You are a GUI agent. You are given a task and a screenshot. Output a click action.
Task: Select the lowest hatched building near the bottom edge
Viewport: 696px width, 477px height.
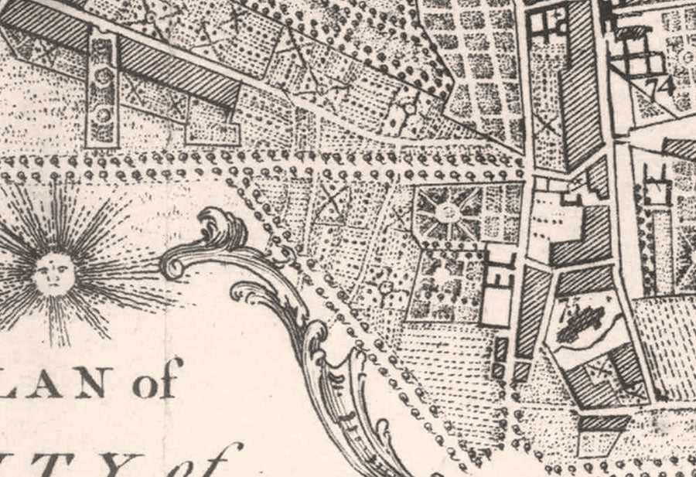click(603, 424)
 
